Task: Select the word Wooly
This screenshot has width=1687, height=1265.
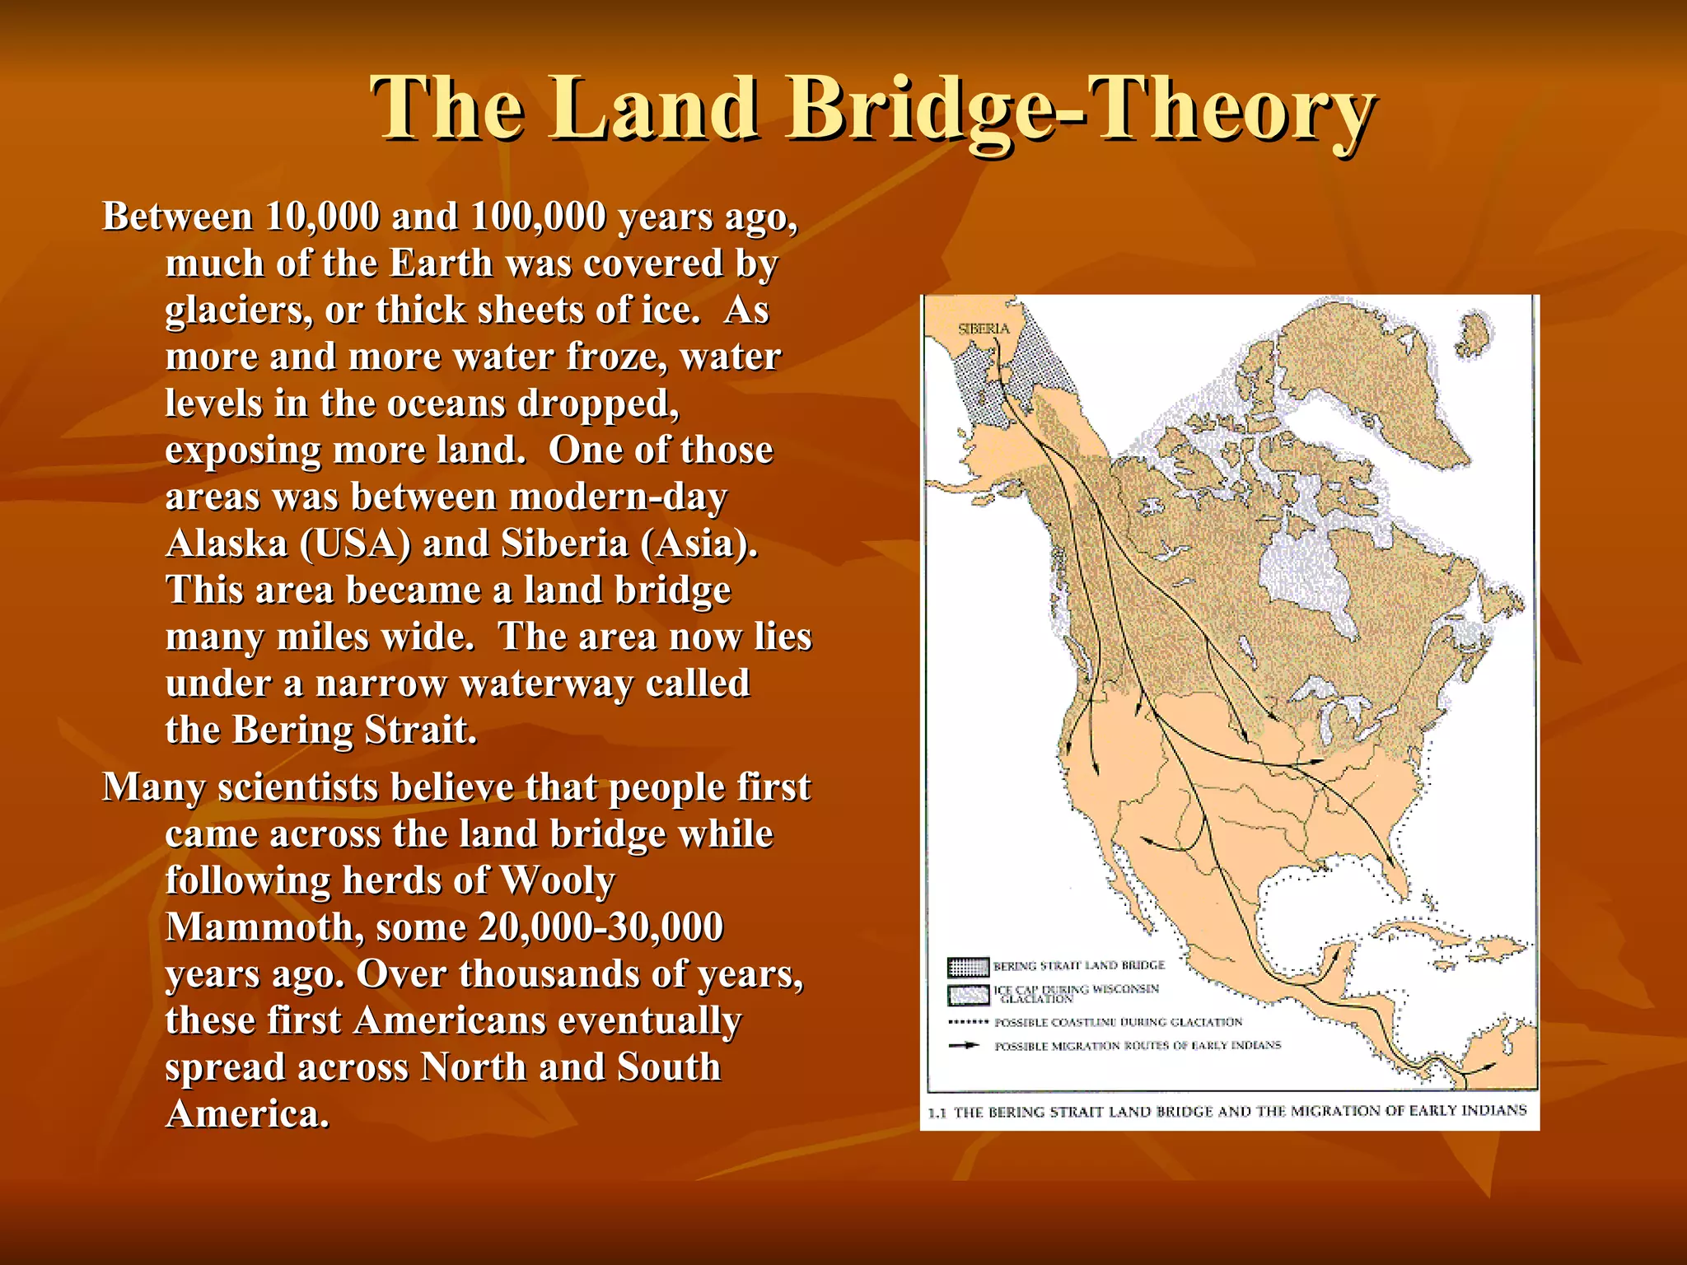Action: point(557,880)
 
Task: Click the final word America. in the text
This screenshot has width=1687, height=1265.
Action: point(247,1113)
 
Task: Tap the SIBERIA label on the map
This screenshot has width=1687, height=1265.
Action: point(984,329)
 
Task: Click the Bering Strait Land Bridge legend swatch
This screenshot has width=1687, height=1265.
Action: point(968,966)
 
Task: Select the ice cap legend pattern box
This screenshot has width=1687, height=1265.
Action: point(968,995)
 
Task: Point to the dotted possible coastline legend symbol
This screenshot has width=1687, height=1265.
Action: point(968,1022)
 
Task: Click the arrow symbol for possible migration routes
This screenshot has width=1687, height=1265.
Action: point(965,1045)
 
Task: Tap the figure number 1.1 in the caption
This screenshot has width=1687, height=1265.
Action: point(937,1113)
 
